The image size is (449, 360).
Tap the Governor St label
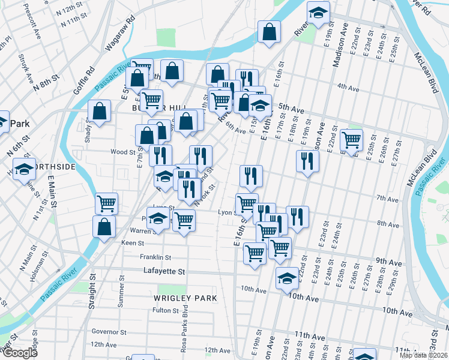(x=109, y=331)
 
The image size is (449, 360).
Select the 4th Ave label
(x=348, y=87)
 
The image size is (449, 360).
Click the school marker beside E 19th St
(x=319, y=13)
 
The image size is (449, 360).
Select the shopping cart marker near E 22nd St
(x=351, y=140)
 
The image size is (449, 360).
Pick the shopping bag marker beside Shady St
(x=100, y=111)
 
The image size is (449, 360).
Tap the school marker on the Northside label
(x=23, y=170)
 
